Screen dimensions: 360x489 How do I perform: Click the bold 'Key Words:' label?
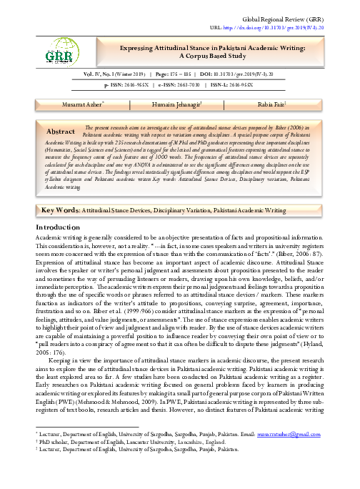point(60,192)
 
